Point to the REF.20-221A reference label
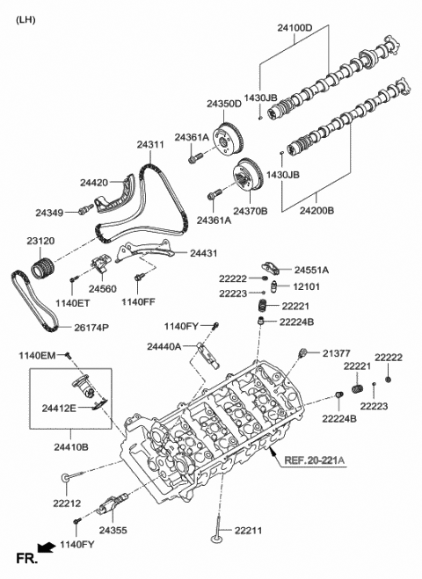(x=309, y=459)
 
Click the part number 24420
(x=93, y=183)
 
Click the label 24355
(x=113, y=531)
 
